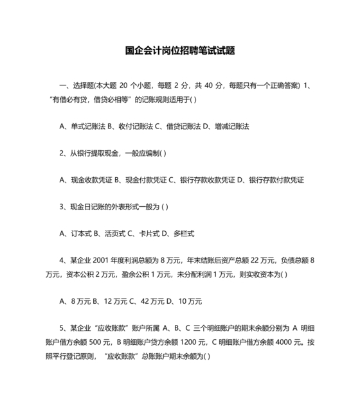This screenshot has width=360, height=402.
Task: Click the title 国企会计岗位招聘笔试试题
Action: click(179, 51)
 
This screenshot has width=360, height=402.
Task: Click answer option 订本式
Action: click(81, 234)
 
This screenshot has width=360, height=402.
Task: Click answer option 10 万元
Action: click(190, 301)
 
